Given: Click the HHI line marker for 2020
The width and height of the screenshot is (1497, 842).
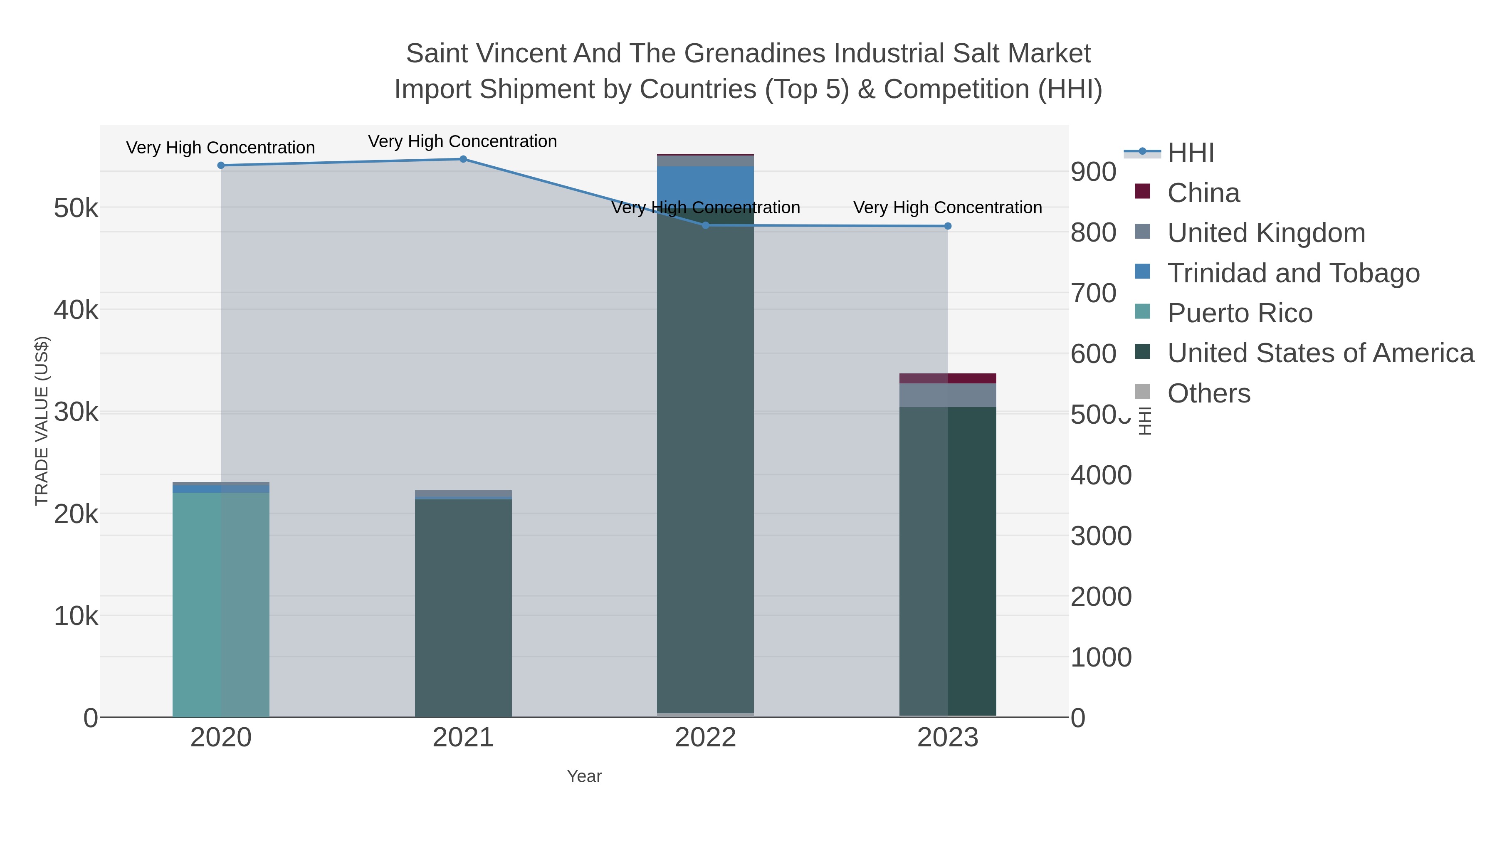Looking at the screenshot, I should pyautogui.click(x=221, y=165).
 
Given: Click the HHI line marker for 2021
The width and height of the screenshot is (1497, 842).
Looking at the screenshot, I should pyautogui.click(x=463, y=159).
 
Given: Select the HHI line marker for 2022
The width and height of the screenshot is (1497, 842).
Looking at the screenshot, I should pyautogui.click(x=706, y=225).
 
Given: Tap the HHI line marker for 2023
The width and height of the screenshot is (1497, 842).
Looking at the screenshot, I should pyautogui.click(x=948, y=226).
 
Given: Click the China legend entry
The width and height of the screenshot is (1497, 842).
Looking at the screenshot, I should pyautogui.click(x=1203, y=193).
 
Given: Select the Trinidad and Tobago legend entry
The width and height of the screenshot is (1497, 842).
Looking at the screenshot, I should pyautogui.click(x=1293, y=273).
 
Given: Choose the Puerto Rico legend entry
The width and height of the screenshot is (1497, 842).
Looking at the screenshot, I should pyautogui.click(x=1240, y=313).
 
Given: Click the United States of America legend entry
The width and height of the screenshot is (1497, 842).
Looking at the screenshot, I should pyautogui.click(x=1320, y=353).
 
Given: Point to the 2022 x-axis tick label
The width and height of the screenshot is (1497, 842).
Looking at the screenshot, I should pyautogui.click(x=706, y=738).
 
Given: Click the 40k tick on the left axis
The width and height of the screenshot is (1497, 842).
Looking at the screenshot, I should pyautogui.click(x=76, y=310).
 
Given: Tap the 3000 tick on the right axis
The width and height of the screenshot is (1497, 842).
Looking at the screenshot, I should pyautogui.click(x=1101, y=536).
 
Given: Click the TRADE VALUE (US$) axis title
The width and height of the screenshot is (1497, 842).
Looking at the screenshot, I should pyautogui.click(x=42, y=421).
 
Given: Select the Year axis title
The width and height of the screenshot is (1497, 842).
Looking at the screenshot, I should pyautogui.click(x=584, y=776).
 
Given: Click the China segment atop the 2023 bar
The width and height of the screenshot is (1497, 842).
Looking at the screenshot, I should pyautogui.click(x=948, y=378).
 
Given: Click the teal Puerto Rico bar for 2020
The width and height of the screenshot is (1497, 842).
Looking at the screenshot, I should pyautogui.click(x=221, y=604).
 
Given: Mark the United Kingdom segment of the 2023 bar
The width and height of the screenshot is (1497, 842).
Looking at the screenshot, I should pyautogui.click(x=948, y=395).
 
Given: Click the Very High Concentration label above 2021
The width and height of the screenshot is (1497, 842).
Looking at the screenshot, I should pyautogui.click(x=462, y=142).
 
